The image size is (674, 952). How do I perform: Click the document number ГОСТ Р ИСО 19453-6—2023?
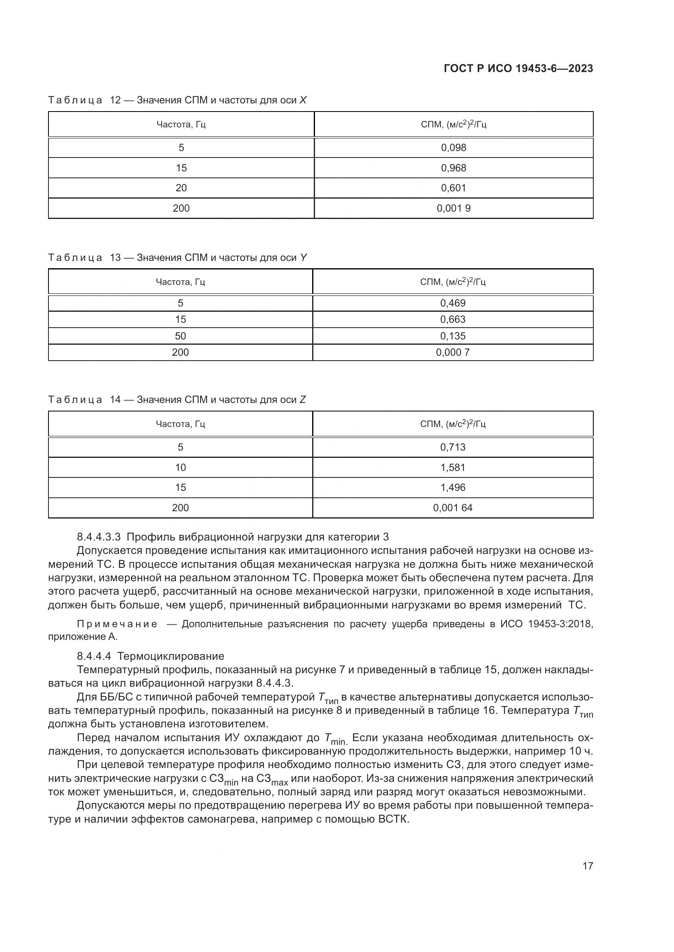pos(518,68)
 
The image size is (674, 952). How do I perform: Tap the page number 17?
pos(588,866)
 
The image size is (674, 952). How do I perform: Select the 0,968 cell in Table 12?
pos(454,168)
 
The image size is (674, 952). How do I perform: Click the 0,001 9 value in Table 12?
pos(454,208)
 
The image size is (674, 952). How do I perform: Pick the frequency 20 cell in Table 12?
pos(181,188)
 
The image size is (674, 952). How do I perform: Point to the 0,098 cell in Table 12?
pos(454,148)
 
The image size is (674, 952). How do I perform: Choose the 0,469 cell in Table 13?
pos(453,303)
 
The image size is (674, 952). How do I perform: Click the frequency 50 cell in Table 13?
pos(181,336)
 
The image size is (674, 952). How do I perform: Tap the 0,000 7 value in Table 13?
pos(453,352)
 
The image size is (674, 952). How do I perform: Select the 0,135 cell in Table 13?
pos(453,336)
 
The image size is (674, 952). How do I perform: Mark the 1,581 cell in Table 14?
pos(453,467)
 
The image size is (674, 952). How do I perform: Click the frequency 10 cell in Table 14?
pos(181,467)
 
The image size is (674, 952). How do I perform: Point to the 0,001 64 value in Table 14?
pos(453,508)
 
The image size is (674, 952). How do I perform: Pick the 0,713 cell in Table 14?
pos(453,447)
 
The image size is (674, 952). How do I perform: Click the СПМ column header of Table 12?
pos(454,125)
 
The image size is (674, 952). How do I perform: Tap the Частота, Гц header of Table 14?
pos(181,424)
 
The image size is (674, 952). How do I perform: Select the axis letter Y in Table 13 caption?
pos(304,258)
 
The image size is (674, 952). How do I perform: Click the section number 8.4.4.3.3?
pos(99,537)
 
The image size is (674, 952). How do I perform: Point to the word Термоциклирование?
pos(171,657)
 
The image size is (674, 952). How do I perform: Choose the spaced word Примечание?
pos(117,624)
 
